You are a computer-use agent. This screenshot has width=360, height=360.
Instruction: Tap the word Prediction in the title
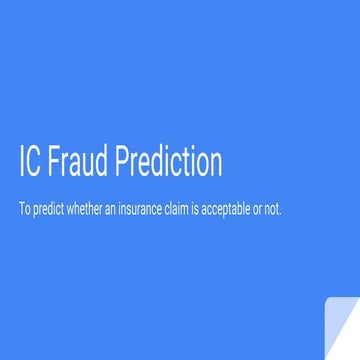[169, 161]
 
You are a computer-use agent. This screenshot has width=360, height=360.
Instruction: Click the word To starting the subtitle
[26, 210]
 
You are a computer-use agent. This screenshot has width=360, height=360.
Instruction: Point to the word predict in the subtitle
[49, 210]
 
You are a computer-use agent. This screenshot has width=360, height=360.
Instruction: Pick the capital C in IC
[36, 161]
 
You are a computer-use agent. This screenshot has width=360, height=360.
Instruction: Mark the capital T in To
[23, 210]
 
